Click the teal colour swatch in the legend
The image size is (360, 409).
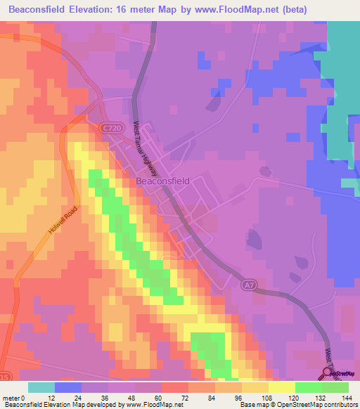pos(41,387)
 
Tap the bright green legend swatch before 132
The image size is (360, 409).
pos(308,387)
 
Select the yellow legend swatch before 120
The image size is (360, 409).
pos(281,387)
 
